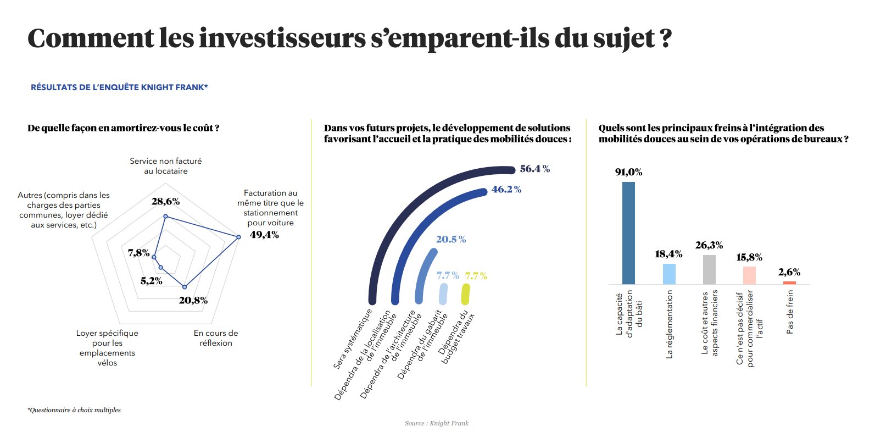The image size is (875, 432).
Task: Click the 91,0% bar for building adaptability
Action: [628, 233]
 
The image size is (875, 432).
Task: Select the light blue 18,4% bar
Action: [668, 274]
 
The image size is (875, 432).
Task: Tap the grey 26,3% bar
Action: [709, 269]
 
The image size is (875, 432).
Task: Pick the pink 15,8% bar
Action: [749, 275]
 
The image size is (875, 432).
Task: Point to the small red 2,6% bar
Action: [789, 283]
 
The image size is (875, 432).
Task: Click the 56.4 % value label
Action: [534, 169]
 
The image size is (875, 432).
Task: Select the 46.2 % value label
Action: [506, 189]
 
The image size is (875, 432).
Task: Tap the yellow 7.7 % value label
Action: [476, 275]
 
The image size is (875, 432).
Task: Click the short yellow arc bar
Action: [465, 295]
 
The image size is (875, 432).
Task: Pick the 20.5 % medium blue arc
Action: [423, 275]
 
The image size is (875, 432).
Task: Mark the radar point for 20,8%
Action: [185, 286]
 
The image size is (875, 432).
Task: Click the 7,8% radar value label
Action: [138, 252]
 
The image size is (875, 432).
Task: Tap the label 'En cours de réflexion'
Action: [216, 338]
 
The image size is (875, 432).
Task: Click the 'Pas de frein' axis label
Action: [790, 312]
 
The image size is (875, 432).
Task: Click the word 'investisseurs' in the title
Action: [281, 38]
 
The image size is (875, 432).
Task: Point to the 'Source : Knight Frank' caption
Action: [437, 423]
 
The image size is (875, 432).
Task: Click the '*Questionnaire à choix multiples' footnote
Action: [74, 410]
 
